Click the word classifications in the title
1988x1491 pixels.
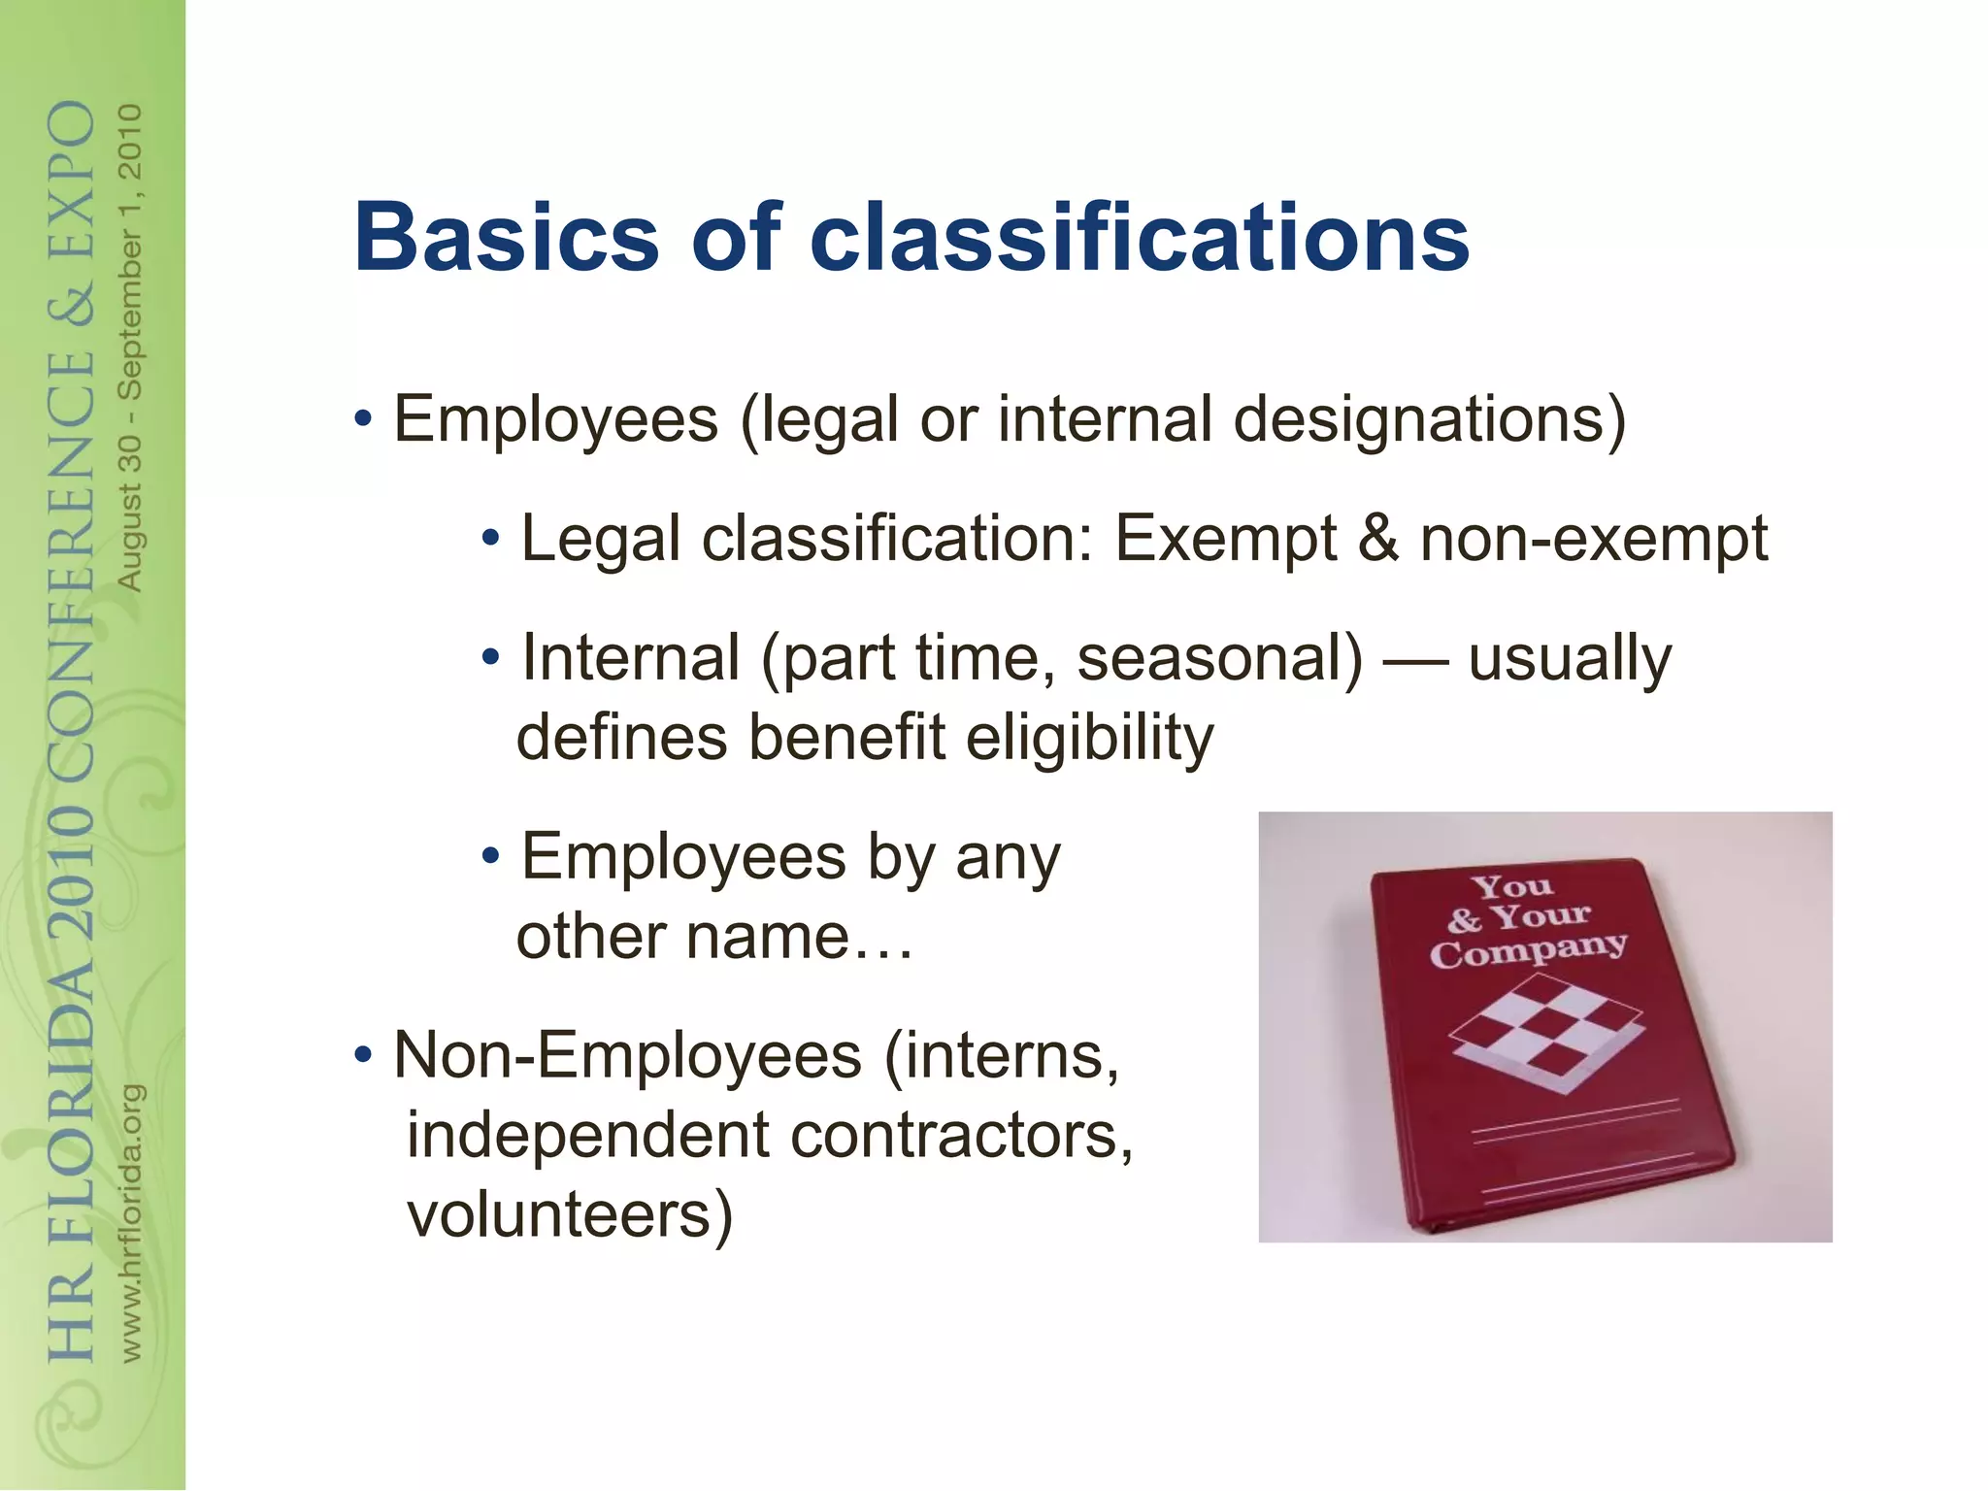(1140, 238)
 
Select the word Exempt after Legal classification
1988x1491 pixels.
(1225, 540)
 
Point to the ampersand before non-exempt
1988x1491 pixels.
(1378, 538)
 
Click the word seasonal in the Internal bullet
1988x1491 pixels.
(1219, 658)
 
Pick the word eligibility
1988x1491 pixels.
(1089, 738)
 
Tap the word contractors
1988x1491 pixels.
(962, 1135)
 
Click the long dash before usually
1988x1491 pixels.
(1416, 661)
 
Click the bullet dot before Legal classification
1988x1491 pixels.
(491, 537)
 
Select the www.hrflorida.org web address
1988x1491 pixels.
(132, 1223)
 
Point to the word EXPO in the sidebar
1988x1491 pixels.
(73, 179)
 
